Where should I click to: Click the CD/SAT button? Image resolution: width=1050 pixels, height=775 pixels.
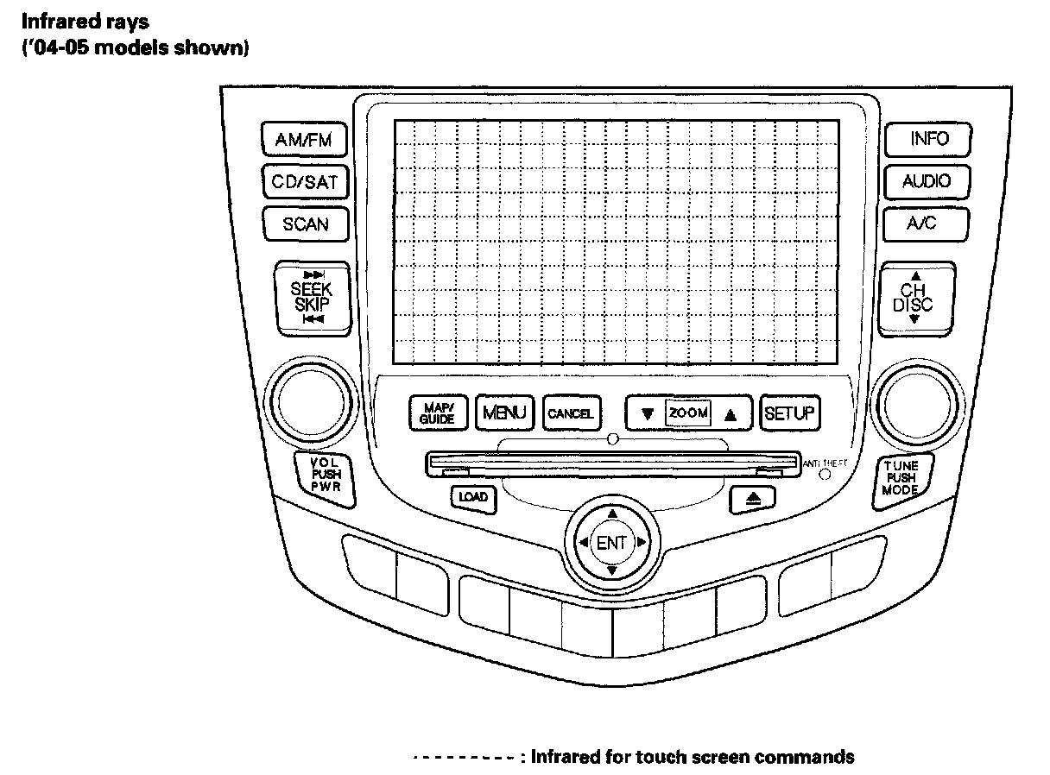click(304, 182)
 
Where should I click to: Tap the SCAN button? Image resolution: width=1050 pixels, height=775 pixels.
click(305, 224)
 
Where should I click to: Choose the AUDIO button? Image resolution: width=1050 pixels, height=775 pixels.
click(926, 181)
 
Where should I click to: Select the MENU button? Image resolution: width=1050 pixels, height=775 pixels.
click(505, 413)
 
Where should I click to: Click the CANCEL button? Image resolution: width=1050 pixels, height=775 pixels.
click(570, 413)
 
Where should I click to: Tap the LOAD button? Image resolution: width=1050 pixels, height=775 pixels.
click(472, 497)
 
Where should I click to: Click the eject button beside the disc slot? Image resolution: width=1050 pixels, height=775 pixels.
click(742, 498)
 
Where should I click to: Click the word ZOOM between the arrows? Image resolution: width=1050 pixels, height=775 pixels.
click(688, 413)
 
